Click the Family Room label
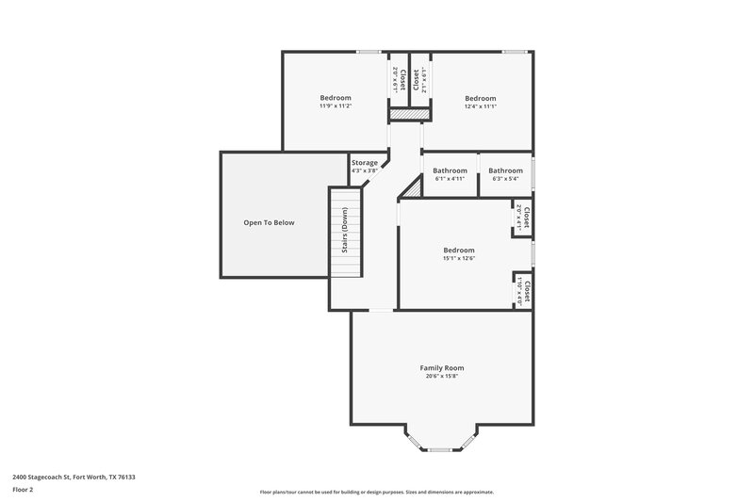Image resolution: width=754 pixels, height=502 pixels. tap(441, 367)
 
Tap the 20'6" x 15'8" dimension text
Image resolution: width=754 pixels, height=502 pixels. tap(441, 377)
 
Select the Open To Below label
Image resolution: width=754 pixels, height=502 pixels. tap(269, 223)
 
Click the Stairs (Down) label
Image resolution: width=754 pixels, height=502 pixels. tap(345, 230)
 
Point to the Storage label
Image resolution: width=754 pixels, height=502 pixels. tap(365, 163)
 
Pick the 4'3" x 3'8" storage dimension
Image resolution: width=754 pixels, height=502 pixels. tap(365, 171)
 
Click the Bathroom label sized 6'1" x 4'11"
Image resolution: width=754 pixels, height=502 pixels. tap(450, 170)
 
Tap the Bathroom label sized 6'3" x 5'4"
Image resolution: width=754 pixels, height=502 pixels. tap(505, 170)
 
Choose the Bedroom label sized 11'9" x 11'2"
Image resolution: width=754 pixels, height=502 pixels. tap(335, 98)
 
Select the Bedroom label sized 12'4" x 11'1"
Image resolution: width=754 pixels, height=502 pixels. tap(480, 98)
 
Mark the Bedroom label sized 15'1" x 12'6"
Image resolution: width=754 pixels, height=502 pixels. tap(459, 250)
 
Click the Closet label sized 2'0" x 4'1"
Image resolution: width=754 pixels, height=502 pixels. tap(527, 219)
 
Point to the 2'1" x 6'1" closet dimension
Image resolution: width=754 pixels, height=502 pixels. tap(426, 81)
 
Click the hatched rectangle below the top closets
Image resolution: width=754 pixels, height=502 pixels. tap(410, 113)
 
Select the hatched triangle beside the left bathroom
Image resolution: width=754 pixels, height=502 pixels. tap(410, 189)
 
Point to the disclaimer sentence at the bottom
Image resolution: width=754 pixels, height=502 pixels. tap(376, 492)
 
